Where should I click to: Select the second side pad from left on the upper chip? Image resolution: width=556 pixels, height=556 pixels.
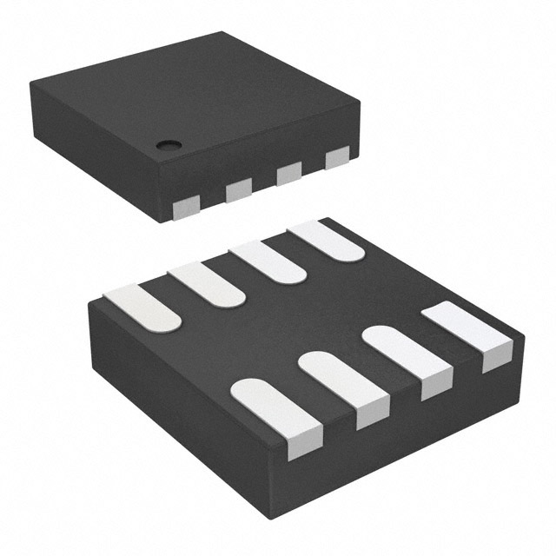coord(238,190)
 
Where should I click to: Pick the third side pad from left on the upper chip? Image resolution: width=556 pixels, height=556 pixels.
coord(288,174)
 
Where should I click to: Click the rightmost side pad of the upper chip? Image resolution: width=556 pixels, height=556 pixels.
coord(337,157)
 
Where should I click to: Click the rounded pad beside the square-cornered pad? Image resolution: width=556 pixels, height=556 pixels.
coord(401,354)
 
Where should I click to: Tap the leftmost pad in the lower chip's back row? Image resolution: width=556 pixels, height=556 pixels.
coord(142,307)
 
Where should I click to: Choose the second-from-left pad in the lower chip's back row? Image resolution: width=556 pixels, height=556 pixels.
coord(207,284)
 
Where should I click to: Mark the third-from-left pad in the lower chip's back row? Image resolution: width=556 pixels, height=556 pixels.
coord(268,261)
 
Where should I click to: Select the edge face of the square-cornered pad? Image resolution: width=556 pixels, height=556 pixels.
coord(497,356)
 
